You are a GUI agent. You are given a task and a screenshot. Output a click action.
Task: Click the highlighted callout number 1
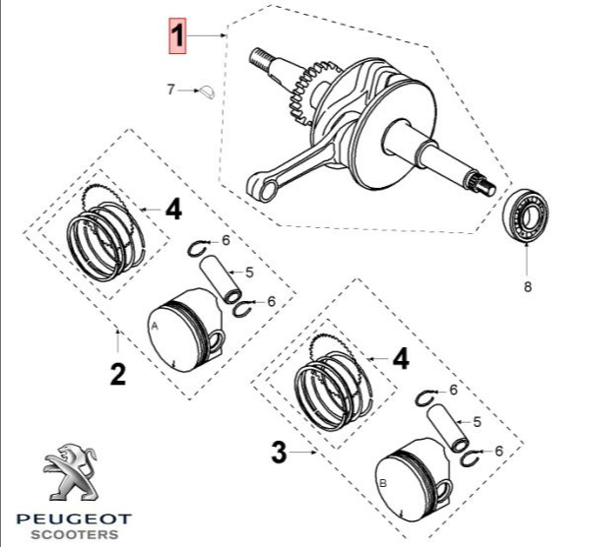click(x=177, y=35)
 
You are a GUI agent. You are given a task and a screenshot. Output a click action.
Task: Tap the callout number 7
click(x=171, y=90)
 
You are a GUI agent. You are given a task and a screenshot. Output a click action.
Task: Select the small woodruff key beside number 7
click(x=208, y=92)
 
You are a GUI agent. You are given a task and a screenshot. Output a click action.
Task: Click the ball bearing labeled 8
click(x=527, y=215)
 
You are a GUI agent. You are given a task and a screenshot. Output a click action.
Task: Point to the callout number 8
click(x=528, y=287)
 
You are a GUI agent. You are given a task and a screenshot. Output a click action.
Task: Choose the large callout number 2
click(x=118, y=374)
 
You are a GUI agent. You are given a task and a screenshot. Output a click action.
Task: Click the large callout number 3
click(x=280, y=453)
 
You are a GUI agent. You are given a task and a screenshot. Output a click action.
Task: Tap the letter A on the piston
click(x=155, y=327)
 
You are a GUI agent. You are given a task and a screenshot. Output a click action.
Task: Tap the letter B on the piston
click(x=383, y=483)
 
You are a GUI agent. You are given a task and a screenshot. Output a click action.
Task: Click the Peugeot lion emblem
click(x=70, y=471)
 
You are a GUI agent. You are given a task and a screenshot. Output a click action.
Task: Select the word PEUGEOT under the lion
click(x=74, y=519)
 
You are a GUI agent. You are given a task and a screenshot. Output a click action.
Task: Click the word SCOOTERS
click(x=75, y=534)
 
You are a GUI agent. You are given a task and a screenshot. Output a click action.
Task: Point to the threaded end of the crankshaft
click(x=260, y=56)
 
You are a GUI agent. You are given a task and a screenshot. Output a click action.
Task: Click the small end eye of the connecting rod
click(x=267, y=189)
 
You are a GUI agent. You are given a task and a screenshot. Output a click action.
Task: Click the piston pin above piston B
click(x=447, y=427)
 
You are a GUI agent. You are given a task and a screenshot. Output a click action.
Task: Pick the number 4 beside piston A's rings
click(x=173, y=210)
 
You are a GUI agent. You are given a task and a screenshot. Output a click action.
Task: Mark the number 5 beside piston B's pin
click(x=477, y=422)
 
